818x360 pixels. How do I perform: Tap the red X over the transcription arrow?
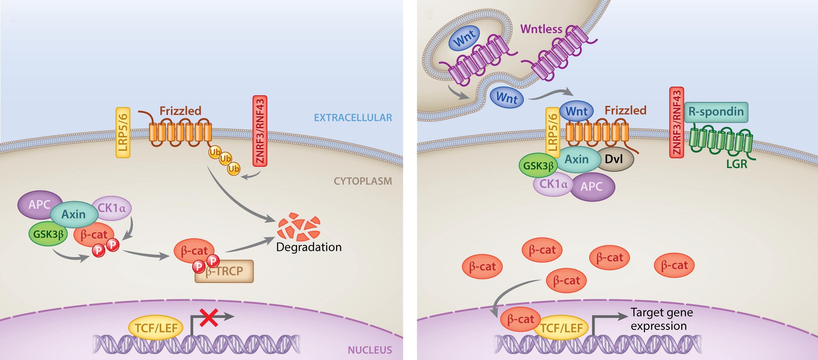(x=209, y=318)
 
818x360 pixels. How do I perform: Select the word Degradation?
(x=309, y=247)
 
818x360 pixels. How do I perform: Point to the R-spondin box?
(x=716, y=112)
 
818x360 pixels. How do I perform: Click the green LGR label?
(x=736, y=164)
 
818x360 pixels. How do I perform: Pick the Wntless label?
(x=541, y=29)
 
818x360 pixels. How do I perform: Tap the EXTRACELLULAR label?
(x=353, y=117)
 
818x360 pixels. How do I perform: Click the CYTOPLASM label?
(x=363, y=181)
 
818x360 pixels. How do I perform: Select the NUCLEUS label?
(x=370, y=350)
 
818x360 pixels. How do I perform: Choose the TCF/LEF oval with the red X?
(x=156, y=328)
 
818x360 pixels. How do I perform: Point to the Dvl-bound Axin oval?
(x=577, y=159)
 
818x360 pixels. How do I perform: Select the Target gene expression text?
(x=662, y=319)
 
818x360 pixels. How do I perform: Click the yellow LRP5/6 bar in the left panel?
(x=123, y=133)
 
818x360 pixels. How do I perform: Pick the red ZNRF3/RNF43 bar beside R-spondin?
(x=676, y=122)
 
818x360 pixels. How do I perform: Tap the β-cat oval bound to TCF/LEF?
(x=520, y=319)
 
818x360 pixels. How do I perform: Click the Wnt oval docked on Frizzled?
(x=576, y=112)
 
